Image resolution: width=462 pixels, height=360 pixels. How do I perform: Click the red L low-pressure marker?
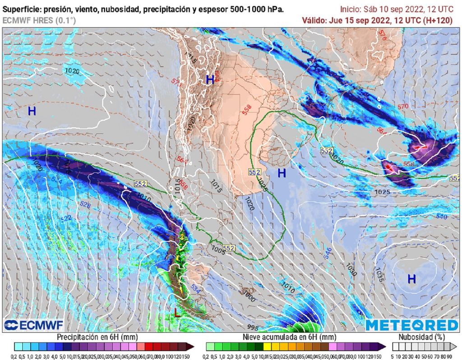coord(178,312)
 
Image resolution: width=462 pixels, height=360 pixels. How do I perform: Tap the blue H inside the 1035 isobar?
coord(411,279)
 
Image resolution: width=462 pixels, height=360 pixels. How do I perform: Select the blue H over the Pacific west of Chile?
coord(32,111)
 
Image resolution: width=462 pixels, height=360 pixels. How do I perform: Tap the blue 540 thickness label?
coord(441,217)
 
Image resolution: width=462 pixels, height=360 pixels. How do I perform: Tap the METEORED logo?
coord(411,325)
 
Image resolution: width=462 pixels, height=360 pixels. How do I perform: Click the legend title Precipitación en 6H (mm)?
coord(97,337)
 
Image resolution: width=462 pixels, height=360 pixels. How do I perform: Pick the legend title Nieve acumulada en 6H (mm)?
coord(289,337)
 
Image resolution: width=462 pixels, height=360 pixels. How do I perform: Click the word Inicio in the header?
coord(351,9)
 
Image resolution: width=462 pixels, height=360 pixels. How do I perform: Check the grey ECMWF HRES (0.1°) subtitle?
coord(39,20)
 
